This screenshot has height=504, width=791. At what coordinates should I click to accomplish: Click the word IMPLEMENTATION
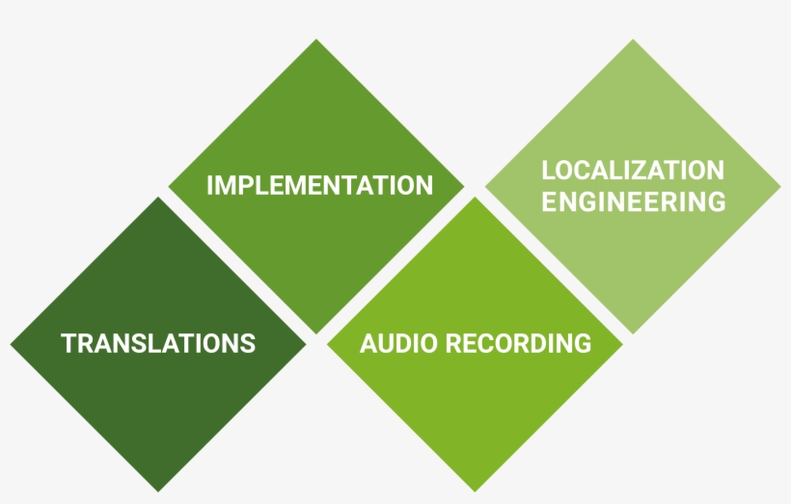(319, 185)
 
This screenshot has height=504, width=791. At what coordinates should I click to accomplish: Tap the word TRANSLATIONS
(158, 343)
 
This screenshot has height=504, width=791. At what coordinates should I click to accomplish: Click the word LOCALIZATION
(633, 171)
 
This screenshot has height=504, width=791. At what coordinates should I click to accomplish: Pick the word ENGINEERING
(633, 201)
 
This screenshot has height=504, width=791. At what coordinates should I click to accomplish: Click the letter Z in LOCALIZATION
(654, 171)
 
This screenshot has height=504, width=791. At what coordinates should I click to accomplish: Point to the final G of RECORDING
(581, 343)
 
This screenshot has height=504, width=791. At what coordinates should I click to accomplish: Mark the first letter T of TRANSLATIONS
(68, 343)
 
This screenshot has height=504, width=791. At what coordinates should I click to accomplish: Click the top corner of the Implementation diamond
(316, 40)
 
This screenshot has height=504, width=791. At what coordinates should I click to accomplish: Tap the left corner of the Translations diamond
(12, 344)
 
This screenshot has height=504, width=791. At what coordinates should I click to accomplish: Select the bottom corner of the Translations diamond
(158, 491)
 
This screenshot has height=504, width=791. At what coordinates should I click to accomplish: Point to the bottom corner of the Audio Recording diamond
(475, 491)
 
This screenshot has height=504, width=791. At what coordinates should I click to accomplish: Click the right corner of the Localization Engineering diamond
(779, 186)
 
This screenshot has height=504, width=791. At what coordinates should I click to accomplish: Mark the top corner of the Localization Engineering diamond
(633, 40)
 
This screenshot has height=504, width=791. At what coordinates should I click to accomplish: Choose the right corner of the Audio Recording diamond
(622, 344)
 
